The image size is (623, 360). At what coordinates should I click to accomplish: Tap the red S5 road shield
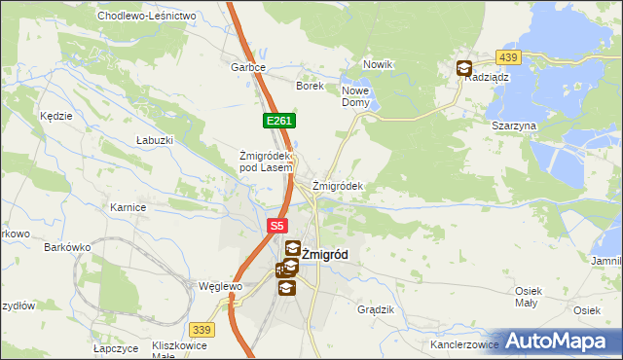(277, 226)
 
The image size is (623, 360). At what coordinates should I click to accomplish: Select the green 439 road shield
(507, 58)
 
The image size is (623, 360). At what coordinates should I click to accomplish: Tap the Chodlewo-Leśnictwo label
(147, 17)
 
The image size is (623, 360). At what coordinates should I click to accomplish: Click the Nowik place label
(377, 64)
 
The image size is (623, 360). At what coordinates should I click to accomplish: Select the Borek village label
(310, 86)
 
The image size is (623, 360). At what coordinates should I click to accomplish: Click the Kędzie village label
(56, 116)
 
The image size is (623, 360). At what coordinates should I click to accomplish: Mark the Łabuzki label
(155, 140)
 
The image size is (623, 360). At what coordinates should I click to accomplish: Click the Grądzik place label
(376, 309)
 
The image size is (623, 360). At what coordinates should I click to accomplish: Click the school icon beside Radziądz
(464, 68)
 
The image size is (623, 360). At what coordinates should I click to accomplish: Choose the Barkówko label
(67, 247)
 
